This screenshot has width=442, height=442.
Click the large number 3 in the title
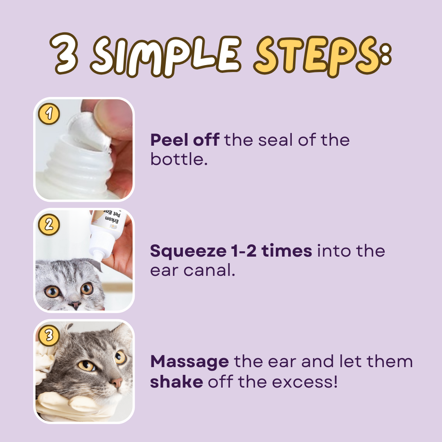[65, 54]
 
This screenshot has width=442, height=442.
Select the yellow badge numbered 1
[49, 114]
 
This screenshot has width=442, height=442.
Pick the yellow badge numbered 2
[49, 225]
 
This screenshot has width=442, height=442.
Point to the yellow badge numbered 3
[49, 336]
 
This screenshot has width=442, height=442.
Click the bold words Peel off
[185, 140]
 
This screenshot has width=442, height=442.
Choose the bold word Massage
[189, 362]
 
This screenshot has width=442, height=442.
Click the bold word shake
[176, 381]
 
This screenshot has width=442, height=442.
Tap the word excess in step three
[302, 382]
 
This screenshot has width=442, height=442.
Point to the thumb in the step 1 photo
[113, 118]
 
